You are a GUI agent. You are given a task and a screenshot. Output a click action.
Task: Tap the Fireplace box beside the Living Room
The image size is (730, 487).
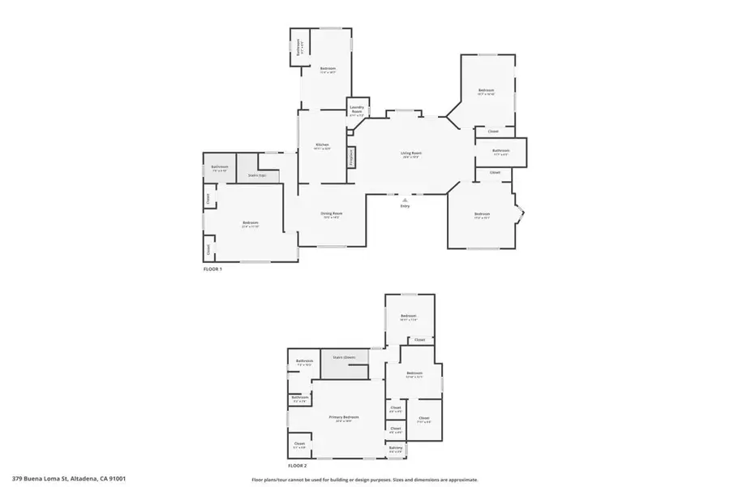click(x=351, y=157)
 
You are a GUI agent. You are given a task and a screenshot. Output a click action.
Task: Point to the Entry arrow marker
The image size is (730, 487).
click(x=405, y=199)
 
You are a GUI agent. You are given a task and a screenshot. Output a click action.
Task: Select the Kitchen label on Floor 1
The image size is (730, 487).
click(x=322, y=145)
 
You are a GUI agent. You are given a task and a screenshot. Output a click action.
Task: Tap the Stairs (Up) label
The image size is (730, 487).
click(x=258, y=175)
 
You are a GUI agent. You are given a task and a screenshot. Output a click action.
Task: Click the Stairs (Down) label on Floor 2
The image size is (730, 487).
click(x=345, y=357)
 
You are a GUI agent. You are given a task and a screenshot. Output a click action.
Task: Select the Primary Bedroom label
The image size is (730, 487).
click(x=344, y=417)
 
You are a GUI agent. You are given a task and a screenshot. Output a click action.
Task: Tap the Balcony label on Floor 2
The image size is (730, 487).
click(x=396, y=448)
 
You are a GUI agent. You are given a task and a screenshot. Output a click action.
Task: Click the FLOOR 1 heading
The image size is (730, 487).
click(x=213, y=268)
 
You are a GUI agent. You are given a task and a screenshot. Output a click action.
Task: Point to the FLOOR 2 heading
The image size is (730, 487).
click(x=298, y=466)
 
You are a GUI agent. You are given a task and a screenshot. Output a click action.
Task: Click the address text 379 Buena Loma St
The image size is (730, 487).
click(x=69, y=480)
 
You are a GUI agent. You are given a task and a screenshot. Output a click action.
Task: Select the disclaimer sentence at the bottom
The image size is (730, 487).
click(x=365, y=480)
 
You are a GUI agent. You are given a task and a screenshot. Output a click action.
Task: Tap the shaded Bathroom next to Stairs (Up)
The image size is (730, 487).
click(x=220, y=168)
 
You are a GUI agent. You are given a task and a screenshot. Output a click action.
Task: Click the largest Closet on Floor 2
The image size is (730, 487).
click(x=424, y=420)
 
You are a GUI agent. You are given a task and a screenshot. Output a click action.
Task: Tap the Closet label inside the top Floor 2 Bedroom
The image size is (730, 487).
click(x=419, y=339)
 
